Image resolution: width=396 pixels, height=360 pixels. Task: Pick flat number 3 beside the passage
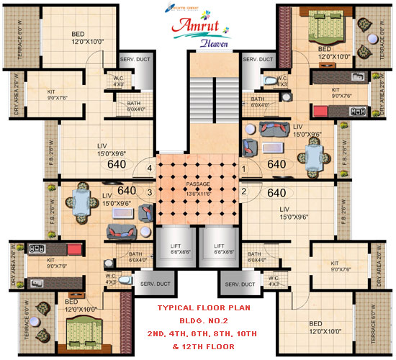[150, 192]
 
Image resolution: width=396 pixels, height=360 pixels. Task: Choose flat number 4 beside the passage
[150, 169]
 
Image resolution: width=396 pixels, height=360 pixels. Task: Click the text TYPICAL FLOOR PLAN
[197, 310]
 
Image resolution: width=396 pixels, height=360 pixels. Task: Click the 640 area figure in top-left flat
[116, 163]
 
